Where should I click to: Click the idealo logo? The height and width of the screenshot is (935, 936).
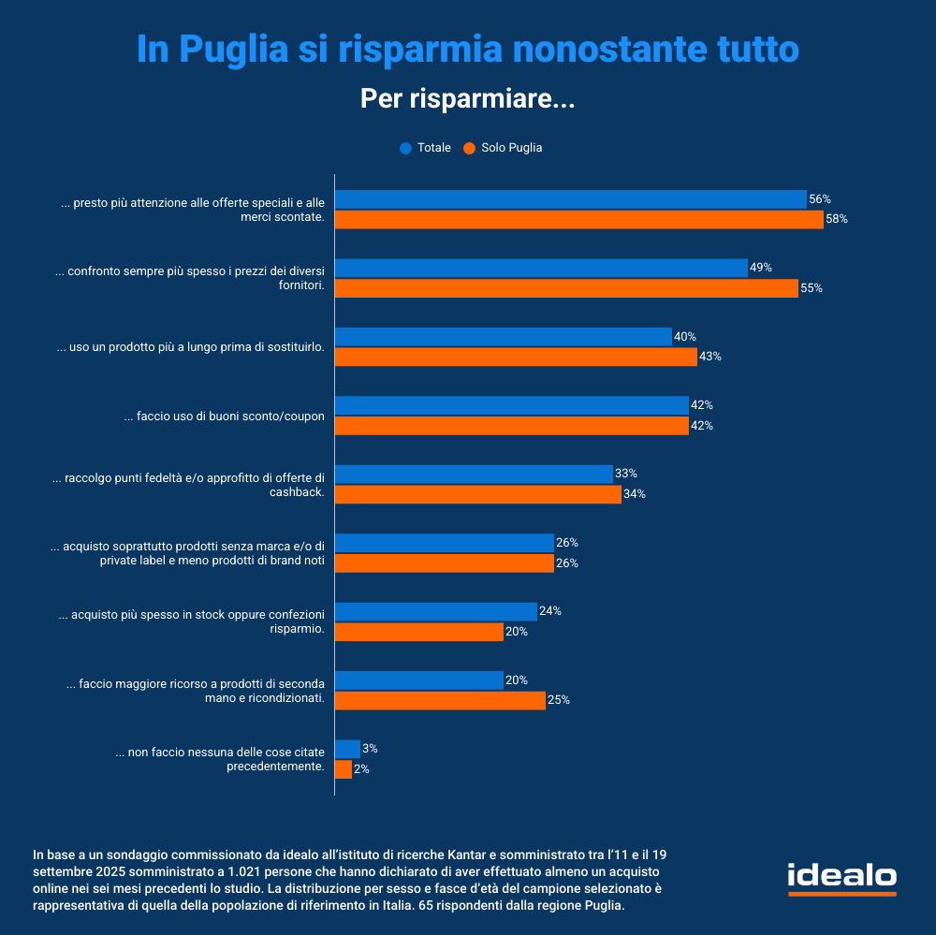(x=841, y=877)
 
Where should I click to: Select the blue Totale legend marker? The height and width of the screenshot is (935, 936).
(x=405, y=148)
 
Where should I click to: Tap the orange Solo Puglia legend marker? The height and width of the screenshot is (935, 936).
(x=469, y=148)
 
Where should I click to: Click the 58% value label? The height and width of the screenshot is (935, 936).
(x=836, y=220)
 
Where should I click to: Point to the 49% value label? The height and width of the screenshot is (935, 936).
(x=760, y=268)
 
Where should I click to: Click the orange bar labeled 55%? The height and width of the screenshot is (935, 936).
(x=566, y=288)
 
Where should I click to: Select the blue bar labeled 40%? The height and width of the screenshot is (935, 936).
(x=503, y=337)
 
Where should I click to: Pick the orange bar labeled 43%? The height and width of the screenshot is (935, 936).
(x=516, y=357)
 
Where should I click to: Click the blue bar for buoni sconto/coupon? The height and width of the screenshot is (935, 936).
(x=511, y=405)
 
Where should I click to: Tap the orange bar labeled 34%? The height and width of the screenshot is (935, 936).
(x=477, y=494)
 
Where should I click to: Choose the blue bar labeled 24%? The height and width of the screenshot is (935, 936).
(x=435, y=612)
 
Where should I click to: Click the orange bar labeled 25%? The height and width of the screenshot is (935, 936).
(x=440, y=700)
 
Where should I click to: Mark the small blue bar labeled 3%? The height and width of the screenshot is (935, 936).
(x=347, y=749)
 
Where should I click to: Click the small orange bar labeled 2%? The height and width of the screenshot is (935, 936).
(x=344, y=769)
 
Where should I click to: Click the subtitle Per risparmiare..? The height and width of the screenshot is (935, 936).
(x=467, y=98)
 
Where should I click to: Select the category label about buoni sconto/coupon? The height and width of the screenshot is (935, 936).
(x=225, y=416)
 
